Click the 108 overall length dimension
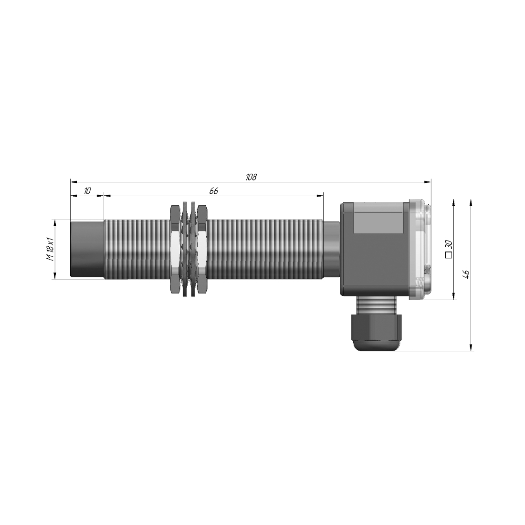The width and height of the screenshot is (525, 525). point(251,177)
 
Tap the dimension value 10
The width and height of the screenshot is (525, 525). point(87,191)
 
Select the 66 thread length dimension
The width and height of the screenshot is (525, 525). point(214,191)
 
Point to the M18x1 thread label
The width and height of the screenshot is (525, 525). point(50,249)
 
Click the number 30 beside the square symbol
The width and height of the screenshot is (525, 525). point(449,244)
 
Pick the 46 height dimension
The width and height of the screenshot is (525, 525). point(466,274)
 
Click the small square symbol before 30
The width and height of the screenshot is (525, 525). point(449,255)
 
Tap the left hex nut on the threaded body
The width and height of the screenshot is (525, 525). point(174,250)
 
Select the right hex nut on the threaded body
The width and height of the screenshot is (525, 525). point(202,250)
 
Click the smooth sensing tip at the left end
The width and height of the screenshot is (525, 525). point(87,250)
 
